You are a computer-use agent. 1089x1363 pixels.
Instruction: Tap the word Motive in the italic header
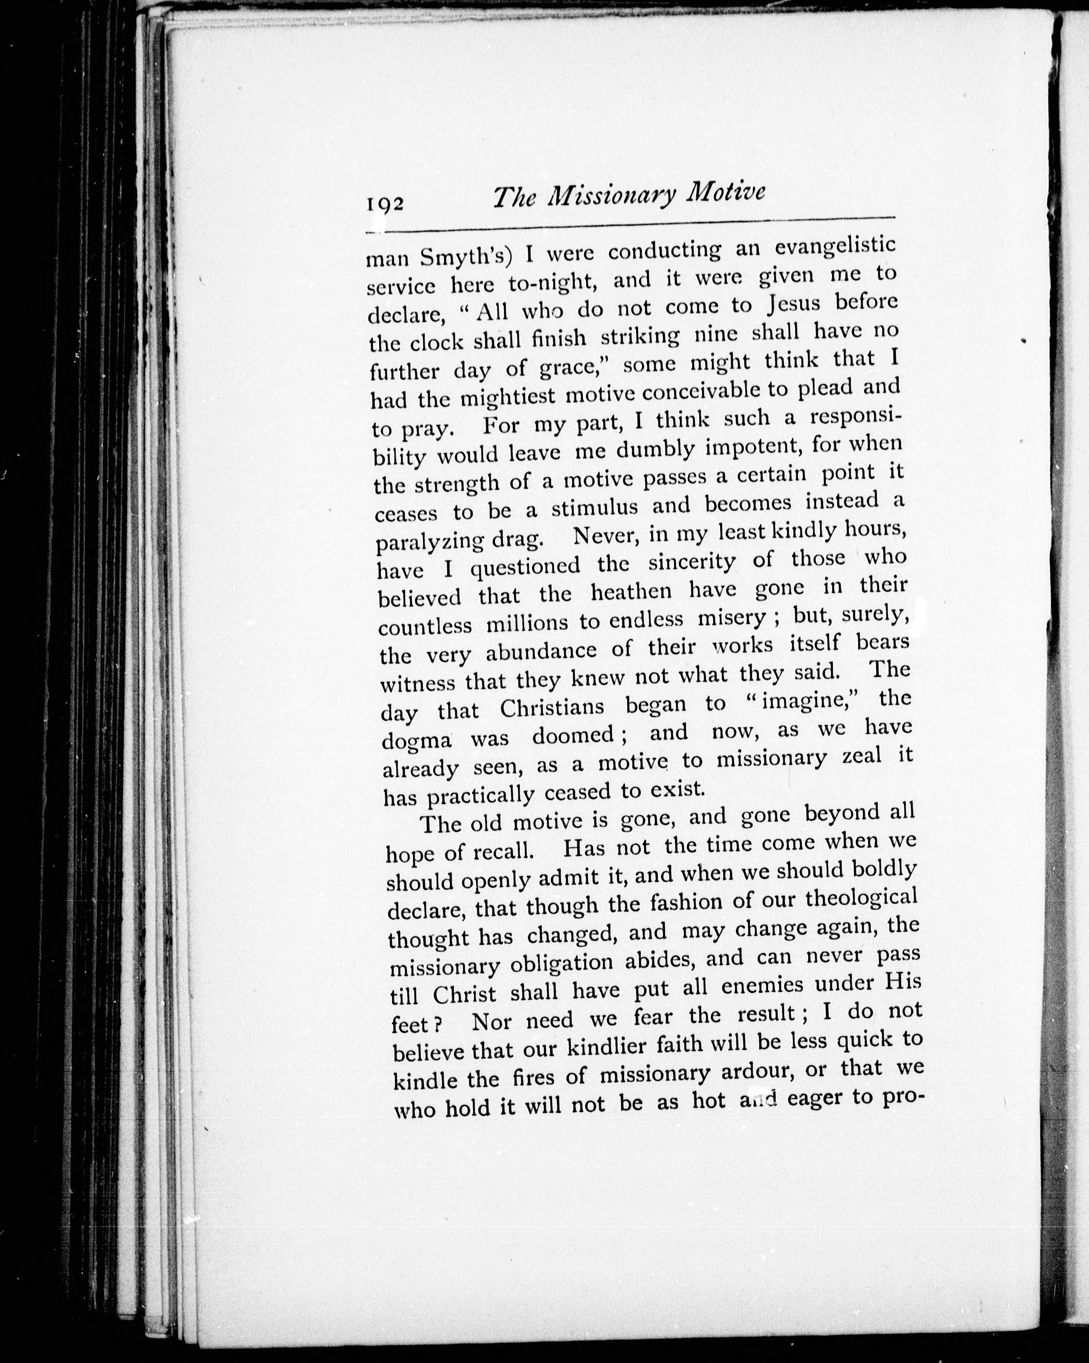pos(725,192)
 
